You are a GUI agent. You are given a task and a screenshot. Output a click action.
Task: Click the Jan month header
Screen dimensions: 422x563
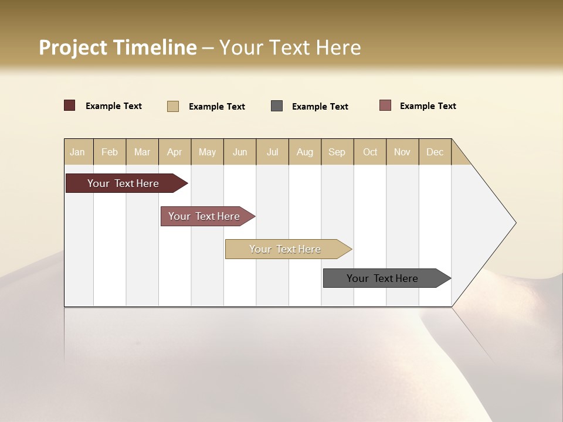(78, 152)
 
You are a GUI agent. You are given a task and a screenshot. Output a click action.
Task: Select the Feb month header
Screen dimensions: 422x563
(110, 152)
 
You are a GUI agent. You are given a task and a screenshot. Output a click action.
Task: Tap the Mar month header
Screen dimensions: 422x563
(142, 152)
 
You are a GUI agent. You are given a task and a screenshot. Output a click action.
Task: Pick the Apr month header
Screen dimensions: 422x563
(175, 152)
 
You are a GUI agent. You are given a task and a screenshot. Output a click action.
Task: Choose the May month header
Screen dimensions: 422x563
(207, 152)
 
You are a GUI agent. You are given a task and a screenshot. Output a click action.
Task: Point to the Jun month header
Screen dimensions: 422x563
(240, 152)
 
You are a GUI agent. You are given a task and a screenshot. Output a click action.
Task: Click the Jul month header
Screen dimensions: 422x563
(272, 152)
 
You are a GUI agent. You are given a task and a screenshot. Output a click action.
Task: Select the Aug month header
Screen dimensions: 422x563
(305, 152)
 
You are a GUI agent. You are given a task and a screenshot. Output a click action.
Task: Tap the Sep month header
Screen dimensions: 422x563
(337, 152)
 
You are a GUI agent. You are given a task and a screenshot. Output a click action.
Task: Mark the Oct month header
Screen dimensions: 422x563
(370, 152)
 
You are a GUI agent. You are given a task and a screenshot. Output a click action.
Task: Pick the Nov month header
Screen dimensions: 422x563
(402, 152)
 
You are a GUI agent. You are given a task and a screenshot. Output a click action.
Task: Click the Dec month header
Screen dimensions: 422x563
(435, 152)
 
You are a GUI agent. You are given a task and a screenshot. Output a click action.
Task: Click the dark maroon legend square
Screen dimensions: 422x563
(70, 105)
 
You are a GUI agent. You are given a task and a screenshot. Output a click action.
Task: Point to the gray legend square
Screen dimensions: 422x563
(277, 105)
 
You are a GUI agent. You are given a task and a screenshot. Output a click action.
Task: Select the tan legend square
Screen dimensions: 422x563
(173, 106)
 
